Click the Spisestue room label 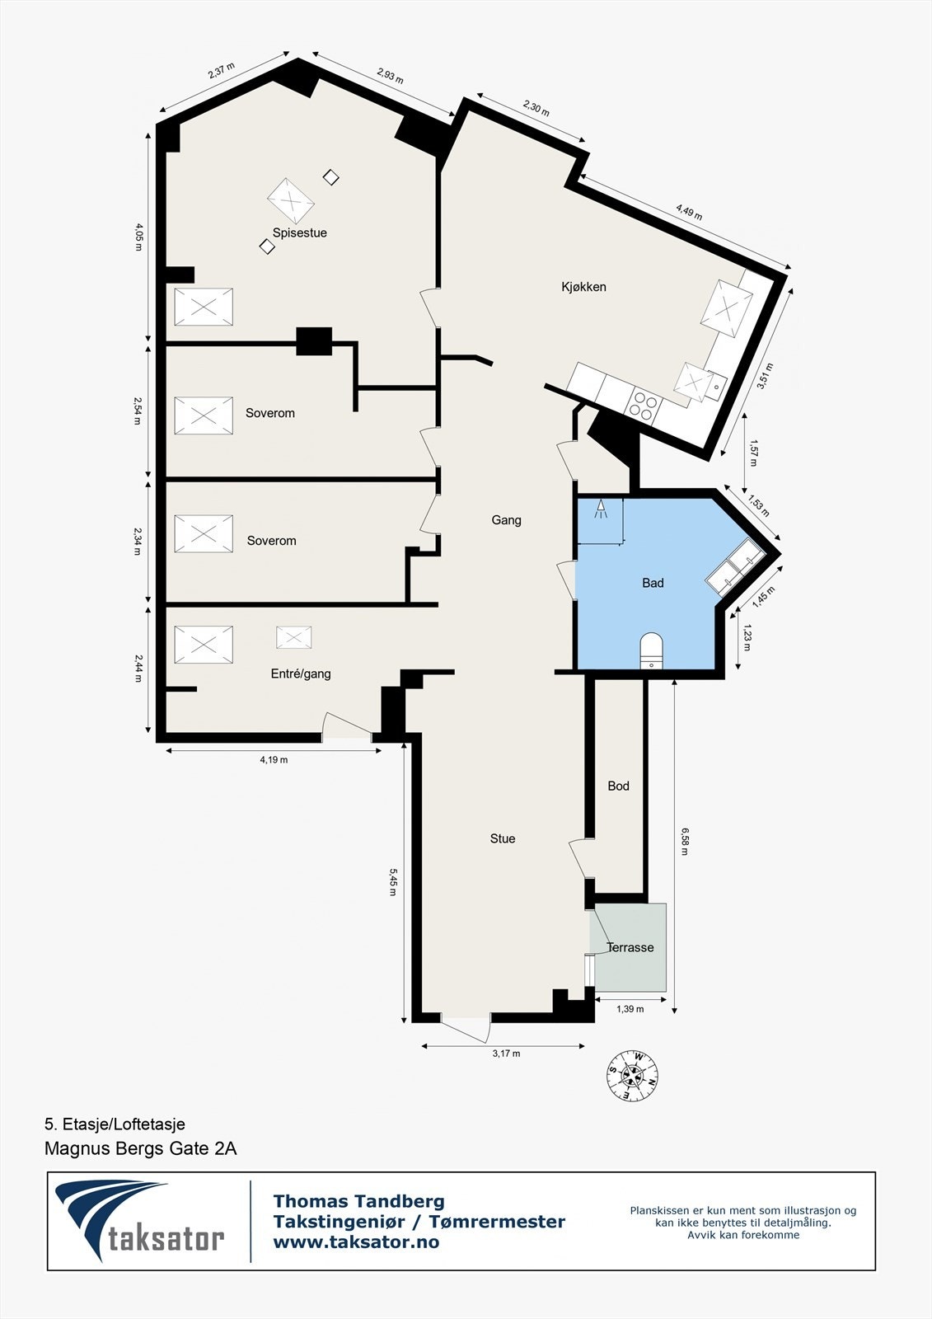click(300, 233)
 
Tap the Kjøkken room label click(583, 287)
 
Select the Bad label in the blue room click(653, 584)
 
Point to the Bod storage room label click(618, 786)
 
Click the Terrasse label click(630, 948)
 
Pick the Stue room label click(503, 839)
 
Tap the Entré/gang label click(301, 674)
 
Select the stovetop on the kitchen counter click(644, 404)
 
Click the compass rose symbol click(633, 1076)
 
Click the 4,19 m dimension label click(274, 760)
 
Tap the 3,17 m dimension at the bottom click(506, 1054)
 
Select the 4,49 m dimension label click(689, 212)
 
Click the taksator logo click(140, 1221)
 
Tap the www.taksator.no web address click(356, 1242)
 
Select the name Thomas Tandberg click(358, 1202)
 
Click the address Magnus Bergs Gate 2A click(140, 1148)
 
